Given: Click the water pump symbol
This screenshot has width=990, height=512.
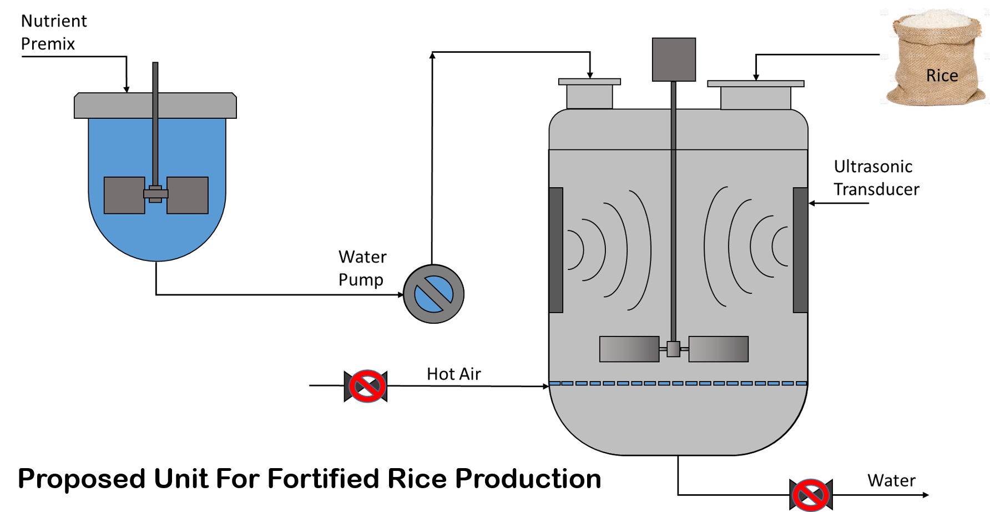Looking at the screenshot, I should (x=433, y=294).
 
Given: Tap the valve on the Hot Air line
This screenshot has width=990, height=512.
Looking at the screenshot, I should (x=366, y=386).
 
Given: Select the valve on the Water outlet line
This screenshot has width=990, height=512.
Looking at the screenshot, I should (x=811, y=494).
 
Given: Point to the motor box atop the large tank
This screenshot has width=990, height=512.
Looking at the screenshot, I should (x=674, y=59).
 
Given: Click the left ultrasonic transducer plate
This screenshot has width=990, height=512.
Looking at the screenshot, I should (x=556, y=250).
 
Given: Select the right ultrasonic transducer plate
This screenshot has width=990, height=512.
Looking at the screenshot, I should (x=800, y=250).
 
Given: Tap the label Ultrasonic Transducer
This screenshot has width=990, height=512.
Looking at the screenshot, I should (x=876, y=178).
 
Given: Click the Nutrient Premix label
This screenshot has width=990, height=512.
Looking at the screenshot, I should (x=53, y=32).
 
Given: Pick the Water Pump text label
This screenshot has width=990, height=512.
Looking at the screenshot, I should (x=362, y=268).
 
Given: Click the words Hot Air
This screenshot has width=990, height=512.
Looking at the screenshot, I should (x=453, y=374).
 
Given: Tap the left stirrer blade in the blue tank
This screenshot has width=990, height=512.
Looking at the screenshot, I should (x=124, y=195).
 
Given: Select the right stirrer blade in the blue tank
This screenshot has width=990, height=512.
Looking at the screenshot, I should (x=188, y=195).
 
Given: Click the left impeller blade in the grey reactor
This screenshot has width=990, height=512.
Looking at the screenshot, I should (x=629, y=349).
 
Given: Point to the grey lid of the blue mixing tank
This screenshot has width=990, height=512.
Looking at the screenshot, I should (x=155, y=106).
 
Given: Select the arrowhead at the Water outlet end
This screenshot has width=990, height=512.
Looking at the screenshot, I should (x=925, y=494).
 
